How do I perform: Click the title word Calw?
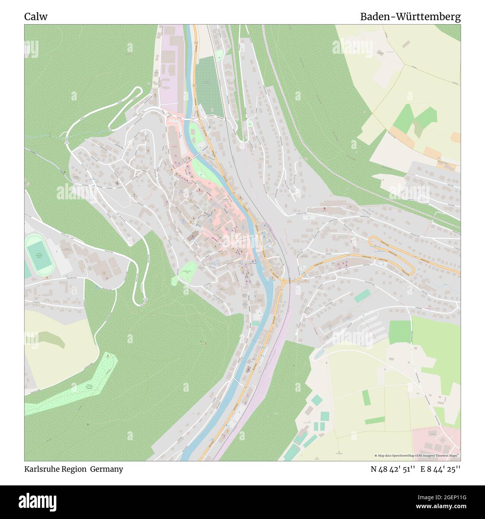pyautogui.click(x=36, y=17)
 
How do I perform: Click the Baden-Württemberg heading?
pyautogui.click(x=410, y=17)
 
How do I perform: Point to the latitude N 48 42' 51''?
pyautogui.click(x=393, y=469)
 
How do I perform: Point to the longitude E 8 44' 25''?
pyautogui.click(x=440, y=469)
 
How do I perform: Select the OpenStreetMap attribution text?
pyautogui.click(x=417, y=456)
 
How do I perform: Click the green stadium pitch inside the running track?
pyautogui.click(x=39, y=255)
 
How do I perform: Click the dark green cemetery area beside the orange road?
pyautogui.click(x=209, y=87)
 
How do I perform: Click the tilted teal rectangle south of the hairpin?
pyautogui.click(x=360, y=296)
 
